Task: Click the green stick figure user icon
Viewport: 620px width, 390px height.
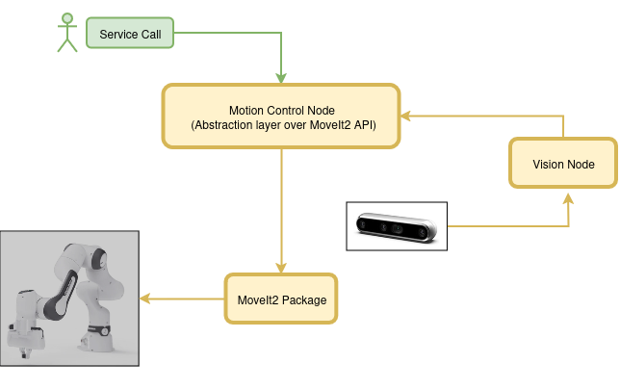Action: point(67,33)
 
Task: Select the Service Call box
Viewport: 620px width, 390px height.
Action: point(130,33)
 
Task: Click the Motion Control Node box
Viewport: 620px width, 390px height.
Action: point(281,117)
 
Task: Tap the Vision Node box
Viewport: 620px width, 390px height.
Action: point(563,163)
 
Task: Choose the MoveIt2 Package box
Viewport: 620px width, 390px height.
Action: point(281,299)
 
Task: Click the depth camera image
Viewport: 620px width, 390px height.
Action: point(397,226)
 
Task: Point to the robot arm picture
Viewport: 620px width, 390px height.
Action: point(69,299)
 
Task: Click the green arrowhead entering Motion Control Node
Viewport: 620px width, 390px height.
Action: point(281,78)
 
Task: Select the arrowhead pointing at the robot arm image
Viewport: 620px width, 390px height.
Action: point(145,299)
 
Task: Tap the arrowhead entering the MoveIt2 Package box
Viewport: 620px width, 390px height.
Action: point(281,268)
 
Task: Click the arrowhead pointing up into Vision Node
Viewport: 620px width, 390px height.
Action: point(568,198)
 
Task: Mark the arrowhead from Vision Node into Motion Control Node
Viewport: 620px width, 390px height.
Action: point(406,117)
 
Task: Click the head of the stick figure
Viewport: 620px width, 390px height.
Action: point(67,18)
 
